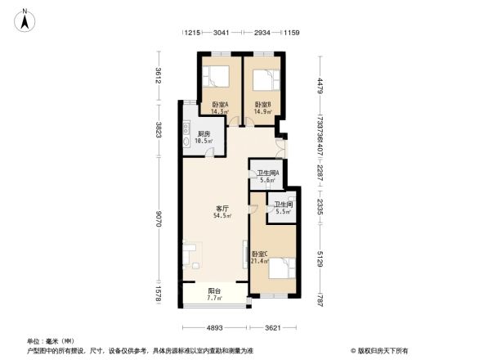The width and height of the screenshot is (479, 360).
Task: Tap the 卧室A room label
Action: [220, 104]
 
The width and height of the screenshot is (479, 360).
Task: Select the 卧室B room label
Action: [262, 104]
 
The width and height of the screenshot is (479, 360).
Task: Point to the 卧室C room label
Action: [259, 254]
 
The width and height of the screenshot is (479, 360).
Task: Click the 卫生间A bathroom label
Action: [268, 173]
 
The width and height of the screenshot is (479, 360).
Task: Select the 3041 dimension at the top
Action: [221, 34]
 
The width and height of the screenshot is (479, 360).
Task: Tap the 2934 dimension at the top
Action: [263, 34]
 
